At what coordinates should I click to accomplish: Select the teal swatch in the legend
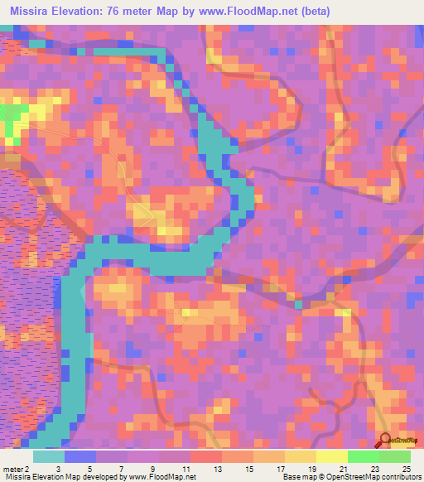[x=49, y=457]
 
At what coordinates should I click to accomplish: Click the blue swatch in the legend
[x=80, y=457]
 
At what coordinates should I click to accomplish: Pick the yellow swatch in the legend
[x=332, y=457]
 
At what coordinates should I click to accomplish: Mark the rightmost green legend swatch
[x=395, y=457]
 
